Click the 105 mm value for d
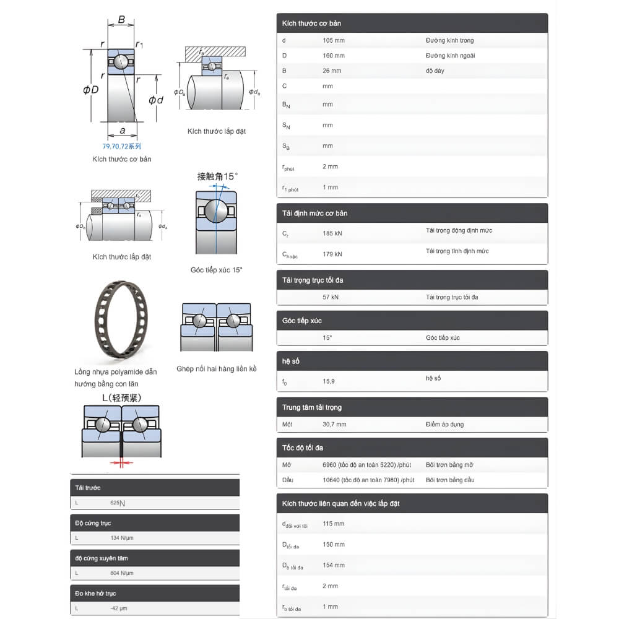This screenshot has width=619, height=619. click(x=334, y=41)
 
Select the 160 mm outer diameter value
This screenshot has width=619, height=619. click(x=334, y=56)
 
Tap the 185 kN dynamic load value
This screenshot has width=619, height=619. click(x=332, y=234)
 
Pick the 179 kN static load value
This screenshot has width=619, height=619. click(x=332, y=254)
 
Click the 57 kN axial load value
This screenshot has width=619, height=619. click(x=331, y=297)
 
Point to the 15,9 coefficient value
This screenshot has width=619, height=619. click(x=329, y=381)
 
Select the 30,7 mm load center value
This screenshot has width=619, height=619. click(x=334, y=425)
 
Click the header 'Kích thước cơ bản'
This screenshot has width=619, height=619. click(x=311, y=24)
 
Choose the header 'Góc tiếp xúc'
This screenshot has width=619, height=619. click(x=302, y=321)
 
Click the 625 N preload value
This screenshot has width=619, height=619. click(x=118, y=503)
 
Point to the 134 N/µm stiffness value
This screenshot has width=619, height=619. click(x=122, y=538)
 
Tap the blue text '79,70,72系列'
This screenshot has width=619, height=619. click(x=122, y=147)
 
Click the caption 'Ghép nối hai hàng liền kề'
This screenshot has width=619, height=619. click(x=216, y=369)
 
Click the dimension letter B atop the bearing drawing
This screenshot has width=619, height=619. click(x=122, y=20)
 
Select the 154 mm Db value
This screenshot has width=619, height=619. click(x=334, y=565)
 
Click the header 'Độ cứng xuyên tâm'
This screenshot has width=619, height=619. click(x=102, y=558)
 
